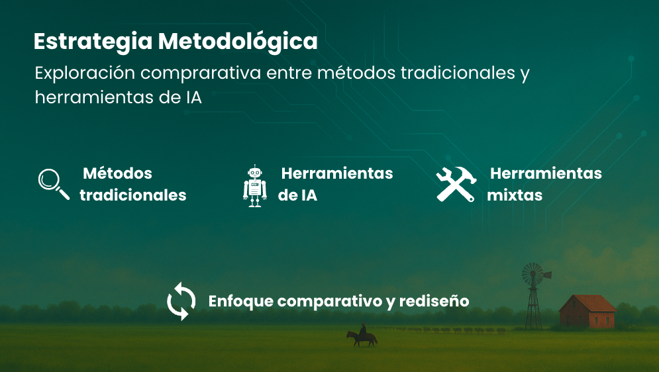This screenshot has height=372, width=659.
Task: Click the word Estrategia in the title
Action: pyautogui.click(x=93, y=42)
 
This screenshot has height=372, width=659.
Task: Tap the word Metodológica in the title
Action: pyautogui.click(x=238, y=42)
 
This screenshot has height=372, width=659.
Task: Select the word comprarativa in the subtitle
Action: pyautogui.click(x=201, y=73)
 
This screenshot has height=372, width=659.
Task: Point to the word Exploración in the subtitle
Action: pyautogui.click(x=85, y=73)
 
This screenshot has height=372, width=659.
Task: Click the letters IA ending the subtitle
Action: pyautogui.click(x=193, y=97)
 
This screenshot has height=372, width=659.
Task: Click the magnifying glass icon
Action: pyautogui.click(x=54, y=184)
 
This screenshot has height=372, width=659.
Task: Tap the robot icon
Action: pyautogui.click(x=255, y=186)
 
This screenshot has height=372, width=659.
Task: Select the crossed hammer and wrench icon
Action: pyautogui.click(x=456, y=184)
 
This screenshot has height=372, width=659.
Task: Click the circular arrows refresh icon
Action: pyautogui.click(x=181, y=301)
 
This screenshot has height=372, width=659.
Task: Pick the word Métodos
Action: pyautogui.click(x=117, y=173)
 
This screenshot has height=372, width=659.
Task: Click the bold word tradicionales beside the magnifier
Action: pyautogui.click(x=133, y=195)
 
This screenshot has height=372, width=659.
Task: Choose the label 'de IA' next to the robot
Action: pyautogui.click(x=297, y=195)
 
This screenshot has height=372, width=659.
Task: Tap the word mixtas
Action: pyautogui.click(x=515, y=195)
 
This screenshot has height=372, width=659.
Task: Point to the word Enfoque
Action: pyautogui.click(x=241, y=301)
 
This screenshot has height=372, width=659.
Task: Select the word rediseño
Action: pyautogui.click(x=434, y=301)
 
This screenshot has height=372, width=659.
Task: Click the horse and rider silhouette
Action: pyautogui.click(x=362, y=335)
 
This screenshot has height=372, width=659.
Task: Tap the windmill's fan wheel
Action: pyautogui.click(x=533, y=275)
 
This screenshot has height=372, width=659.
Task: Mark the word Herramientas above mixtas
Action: pyautogui.click(x=546, y=173)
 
